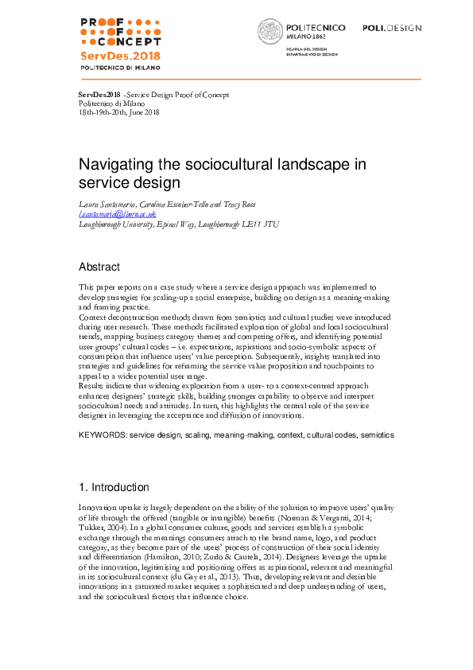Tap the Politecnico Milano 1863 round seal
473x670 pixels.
pyautogui.click(x=269, y=32)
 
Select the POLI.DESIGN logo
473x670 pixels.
pyautogui.click(x=392, y=28)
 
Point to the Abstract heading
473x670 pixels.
pyautogui.click(x=99, y=267)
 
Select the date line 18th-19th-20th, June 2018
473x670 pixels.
pyautogui.click(x=119, y=112)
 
